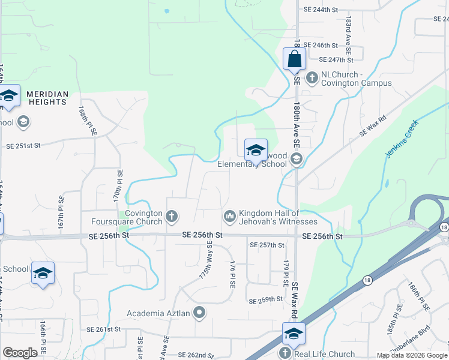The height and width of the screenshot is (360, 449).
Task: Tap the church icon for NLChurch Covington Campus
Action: [x=312, y=77]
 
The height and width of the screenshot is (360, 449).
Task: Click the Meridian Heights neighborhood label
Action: [x=47, y=98]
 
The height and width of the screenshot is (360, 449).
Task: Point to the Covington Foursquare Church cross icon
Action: [x=172, y=215]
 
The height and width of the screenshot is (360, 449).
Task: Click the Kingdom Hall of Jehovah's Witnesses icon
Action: [x=230, y=215]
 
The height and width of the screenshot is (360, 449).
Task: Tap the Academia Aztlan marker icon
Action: [x=200, y=313]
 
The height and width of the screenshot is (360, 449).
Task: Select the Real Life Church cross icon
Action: [x=285, y=354]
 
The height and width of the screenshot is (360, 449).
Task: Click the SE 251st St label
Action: [x=23, y=145]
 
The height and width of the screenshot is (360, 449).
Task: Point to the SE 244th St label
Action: [x=321, y=10]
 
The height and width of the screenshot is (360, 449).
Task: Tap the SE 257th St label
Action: [x=267, y=245]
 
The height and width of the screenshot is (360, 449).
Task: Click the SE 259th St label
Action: [x=265, y=299]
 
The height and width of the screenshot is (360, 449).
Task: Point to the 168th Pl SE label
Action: [x=86, y=121]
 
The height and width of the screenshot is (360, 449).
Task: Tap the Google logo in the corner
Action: [x=20, y=353]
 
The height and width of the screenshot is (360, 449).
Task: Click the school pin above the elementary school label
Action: [x=255, y=150]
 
